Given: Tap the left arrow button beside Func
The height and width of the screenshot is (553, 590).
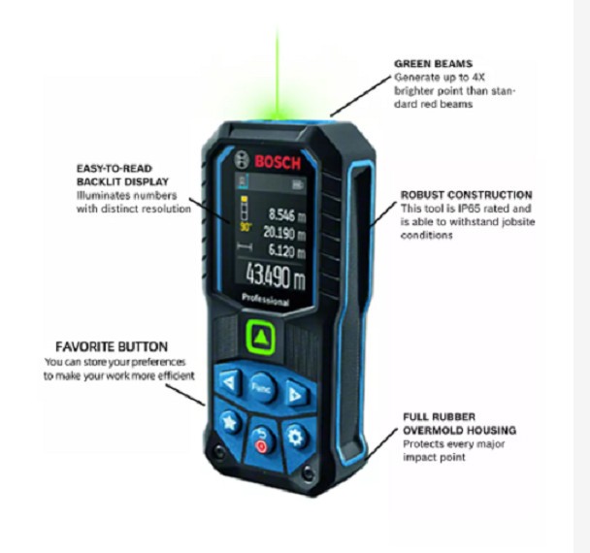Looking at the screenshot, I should (x=228, y=381).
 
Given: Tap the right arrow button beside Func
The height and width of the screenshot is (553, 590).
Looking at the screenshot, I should (x=295, y=393).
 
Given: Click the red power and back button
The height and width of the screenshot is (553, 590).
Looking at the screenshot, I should (x=260, y=442).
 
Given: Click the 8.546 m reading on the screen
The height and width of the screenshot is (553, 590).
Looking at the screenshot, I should (x=286, y=215).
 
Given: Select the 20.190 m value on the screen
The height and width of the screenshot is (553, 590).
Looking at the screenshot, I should (x=283, y=232).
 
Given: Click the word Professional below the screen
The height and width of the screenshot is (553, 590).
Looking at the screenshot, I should (x=266, y=302).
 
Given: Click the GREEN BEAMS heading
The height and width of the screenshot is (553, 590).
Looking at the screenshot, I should (x=433, y=64).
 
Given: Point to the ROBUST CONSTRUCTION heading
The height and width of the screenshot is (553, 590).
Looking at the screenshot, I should (x=467, y=195).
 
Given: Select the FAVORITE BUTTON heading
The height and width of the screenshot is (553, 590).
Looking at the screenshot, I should (x=112, y=346).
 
